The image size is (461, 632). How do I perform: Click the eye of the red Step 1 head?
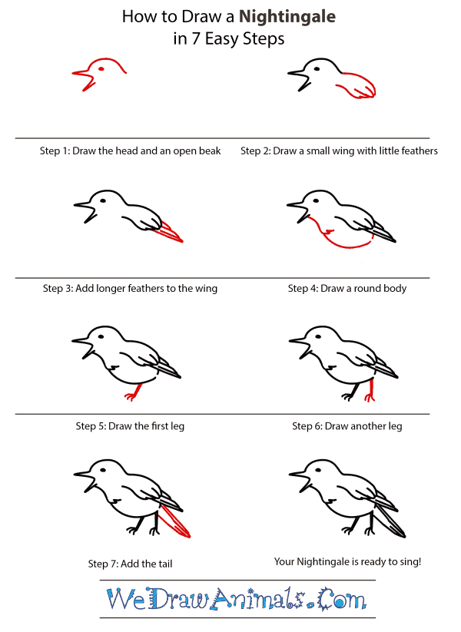[101, 68]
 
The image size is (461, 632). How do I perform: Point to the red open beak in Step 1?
[82, 77]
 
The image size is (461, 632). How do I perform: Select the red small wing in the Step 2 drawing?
[356, 84]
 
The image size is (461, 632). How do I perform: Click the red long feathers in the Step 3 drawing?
[171, 231]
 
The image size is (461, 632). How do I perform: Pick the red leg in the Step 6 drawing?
[372, 391]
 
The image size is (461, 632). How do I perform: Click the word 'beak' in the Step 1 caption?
[209, 151]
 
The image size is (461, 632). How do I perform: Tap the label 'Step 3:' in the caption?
[58, 289]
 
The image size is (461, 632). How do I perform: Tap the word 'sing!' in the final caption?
[407, 562]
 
